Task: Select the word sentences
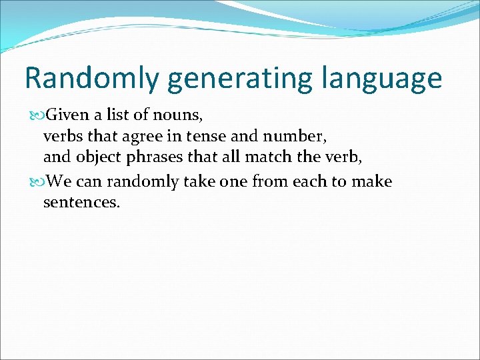[81, 203]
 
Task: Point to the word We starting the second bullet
[58, 181]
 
